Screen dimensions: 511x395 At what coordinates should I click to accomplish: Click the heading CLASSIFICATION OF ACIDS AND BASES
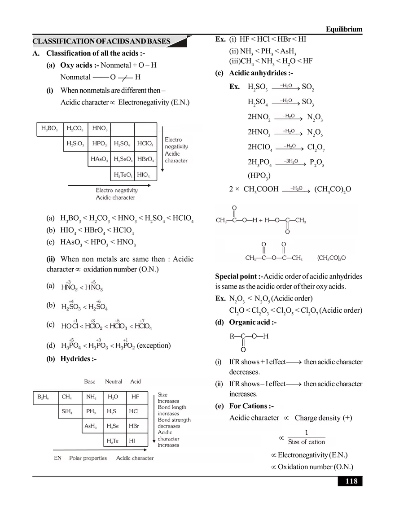point(101,41)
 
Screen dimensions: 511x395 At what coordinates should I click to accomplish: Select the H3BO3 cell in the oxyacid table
point(49,129)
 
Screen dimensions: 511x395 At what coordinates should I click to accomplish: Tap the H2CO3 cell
point(75,129)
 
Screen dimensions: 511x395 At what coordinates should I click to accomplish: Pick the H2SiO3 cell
point(75,144)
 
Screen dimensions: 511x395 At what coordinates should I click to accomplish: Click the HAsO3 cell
point(99,159)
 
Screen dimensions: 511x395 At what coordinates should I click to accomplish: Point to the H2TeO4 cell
point(123,175)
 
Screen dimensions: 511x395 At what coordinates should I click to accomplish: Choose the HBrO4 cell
point(146,159)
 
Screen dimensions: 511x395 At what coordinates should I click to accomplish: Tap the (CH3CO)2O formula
point(332,258)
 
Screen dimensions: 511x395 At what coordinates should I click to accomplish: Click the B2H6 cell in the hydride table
point(44,397)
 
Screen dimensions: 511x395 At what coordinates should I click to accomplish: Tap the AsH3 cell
point(91,426)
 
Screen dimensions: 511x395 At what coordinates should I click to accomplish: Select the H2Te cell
point(113,441)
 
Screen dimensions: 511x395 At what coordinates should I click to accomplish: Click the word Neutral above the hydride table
point(114,382)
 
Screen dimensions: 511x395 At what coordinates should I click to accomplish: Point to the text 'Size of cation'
point(306,442)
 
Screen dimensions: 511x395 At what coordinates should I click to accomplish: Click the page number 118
point(351,481)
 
